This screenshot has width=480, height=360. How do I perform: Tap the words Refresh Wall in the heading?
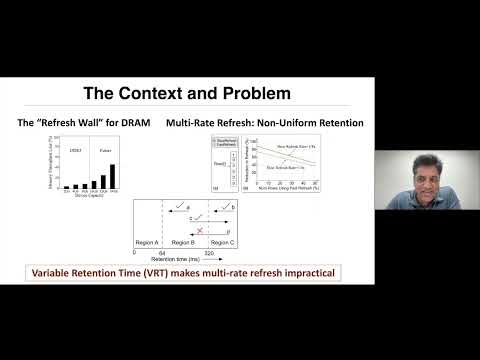pos(66,122)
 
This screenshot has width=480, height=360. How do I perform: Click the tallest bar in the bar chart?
pos(112,176)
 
